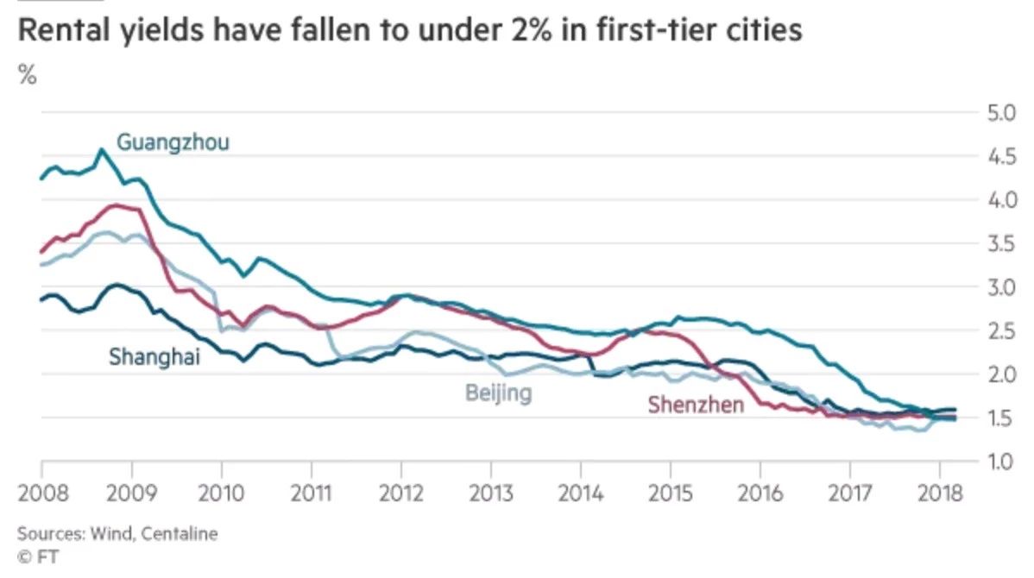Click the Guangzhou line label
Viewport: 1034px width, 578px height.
coord(173,142)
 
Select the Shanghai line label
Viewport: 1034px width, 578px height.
coord(154,355)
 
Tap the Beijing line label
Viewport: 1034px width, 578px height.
coord(498,394)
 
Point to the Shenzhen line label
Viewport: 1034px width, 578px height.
coord(696,404)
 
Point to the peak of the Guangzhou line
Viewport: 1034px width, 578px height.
coord(101,150)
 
